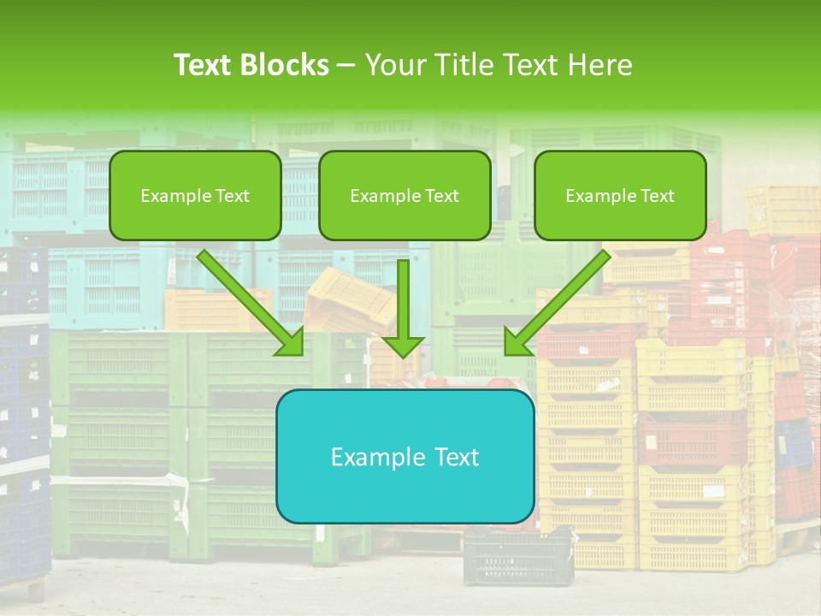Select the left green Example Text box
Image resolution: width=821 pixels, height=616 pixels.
[195, 195]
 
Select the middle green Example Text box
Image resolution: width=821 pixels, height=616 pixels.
[405, 195]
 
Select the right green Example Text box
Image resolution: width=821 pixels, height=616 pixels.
[620, 195]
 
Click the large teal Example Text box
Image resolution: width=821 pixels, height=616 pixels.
[405, 456]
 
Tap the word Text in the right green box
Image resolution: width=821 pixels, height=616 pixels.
[658, 196]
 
